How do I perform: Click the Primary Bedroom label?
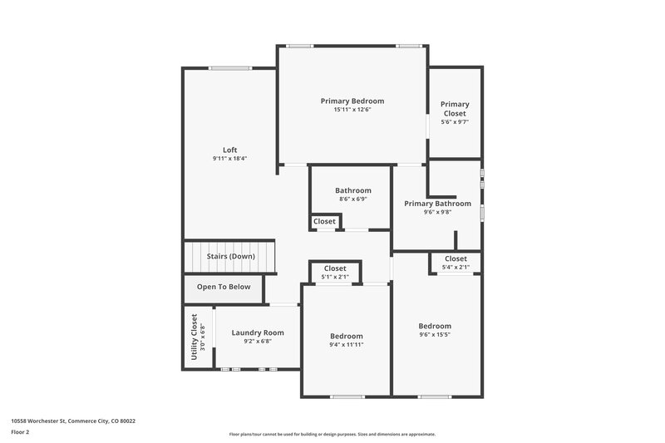click(x=352, y=101)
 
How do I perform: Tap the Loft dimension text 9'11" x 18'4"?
click(x=230, y=159)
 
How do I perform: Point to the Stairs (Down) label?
click(x=230, y=257)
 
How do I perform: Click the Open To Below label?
click(x=223, y=287)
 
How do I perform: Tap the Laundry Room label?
click(x=258, y=332)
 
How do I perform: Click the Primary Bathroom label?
click(x=437, y=204)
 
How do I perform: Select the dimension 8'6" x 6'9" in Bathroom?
click(x=352, y=199)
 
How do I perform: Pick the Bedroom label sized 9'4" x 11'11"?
click(x=346, y=336)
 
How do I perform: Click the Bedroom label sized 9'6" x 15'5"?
click(x=435, y=326)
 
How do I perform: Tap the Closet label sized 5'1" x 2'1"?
click(x=335, y=268)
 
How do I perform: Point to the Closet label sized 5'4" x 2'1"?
click(x=456, y=258)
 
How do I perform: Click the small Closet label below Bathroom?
click(x=324, y=222)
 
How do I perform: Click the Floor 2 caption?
click(x=21, y=433)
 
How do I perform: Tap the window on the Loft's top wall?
click(x=230, y=69)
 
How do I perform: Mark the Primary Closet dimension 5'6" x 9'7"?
click(x=455, y=122)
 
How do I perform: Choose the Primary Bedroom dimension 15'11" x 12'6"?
click(x=352, y=110)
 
